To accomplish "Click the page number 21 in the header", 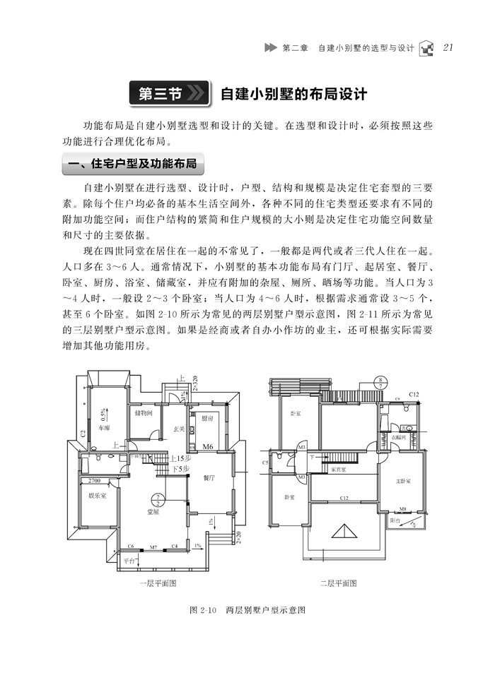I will tap(448, 48).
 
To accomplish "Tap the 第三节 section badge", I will tap(168, 93).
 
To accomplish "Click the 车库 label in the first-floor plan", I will tap(104, 428).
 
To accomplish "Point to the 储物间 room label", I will tap(144, 413).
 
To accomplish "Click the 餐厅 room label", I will tap(209, 478).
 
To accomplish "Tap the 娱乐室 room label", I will tap(97, 496).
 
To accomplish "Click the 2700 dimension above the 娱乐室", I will tap(95, 481).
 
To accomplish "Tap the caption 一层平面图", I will tap(157, 583).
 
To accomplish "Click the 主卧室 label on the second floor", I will tap(405, 481).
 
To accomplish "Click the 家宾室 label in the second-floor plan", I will tap(339, 468).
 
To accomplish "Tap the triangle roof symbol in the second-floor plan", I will tap(344, 532).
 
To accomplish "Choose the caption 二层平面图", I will tap(338, 583).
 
